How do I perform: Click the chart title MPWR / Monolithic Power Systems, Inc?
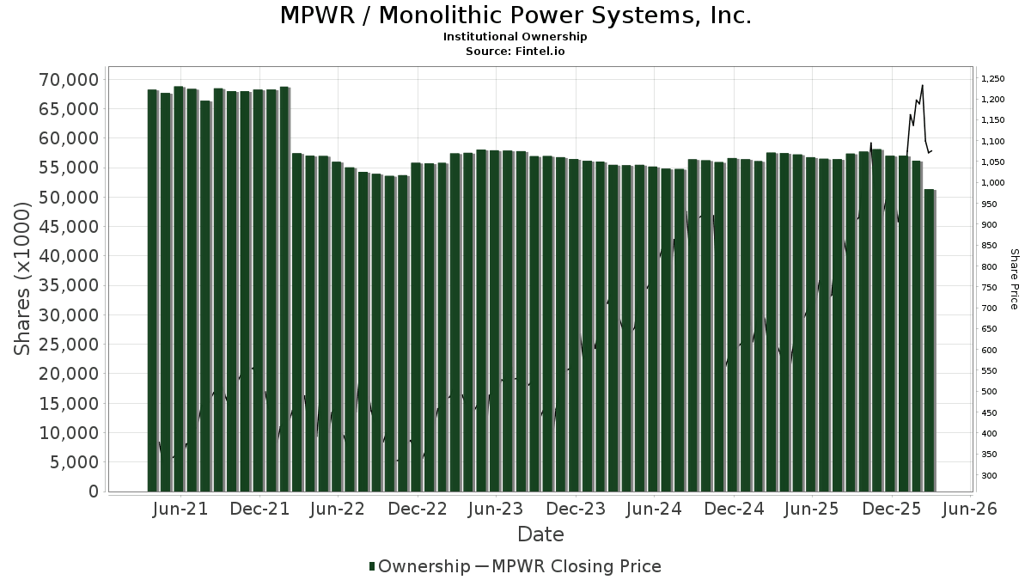coord(515,15)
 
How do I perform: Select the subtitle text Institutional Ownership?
coord(515,37)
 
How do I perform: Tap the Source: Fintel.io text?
coord(515,51)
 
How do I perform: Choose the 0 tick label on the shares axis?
coord(94,491)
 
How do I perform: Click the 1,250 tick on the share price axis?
coord(993,79)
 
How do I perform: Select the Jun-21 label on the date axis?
coord(180,509)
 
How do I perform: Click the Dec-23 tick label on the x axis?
coord(576,509)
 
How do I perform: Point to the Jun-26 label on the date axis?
coord(969,509)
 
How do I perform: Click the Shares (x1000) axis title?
coord(23,278)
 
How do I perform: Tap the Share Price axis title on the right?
coord(1014,278)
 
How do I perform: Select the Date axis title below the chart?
coord(540,534)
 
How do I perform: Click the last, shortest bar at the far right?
coord(929,344)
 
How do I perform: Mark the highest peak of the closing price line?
coord(922,85)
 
